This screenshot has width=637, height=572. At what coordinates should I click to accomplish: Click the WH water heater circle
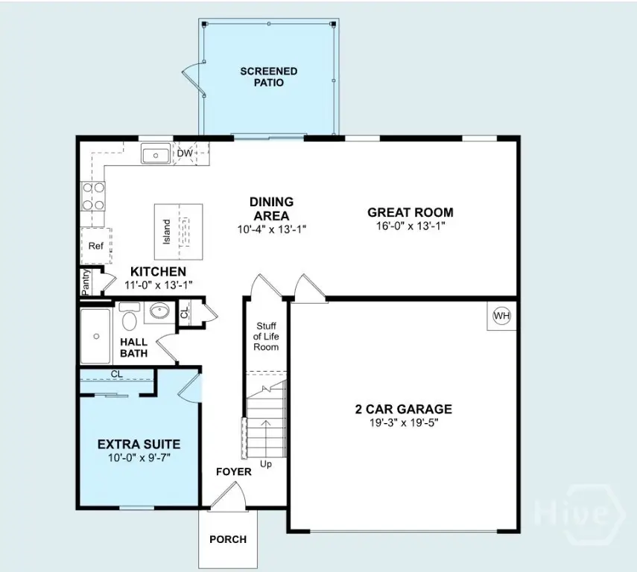point(501,316)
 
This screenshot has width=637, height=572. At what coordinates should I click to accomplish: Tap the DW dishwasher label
point(185,153)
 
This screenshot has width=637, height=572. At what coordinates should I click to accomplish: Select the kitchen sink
point(156,153)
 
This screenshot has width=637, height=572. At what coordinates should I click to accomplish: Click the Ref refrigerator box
point(96,246)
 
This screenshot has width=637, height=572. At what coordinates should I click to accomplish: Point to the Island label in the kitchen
point(167,232)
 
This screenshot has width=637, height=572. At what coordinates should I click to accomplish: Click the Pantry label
point(86,282)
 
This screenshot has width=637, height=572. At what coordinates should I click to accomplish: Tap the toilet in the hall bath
point(130,316)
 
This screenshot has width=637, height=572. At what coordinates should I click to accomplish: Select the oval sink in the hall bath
point(159,311)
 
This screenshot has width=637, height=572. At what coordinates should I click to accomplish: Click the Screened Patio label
point(268,77)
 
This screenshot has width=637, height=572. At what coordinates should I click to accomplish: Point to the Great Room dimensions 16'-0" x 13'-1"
point(411,226)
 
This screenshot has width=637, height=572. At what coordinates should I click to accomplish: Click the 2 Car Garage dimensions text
point(404,423)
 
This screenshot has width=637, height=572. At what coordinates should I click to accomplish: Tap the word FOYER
point(234,471)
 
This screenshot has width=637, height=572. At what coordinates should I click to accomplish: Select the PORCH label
point(228,539)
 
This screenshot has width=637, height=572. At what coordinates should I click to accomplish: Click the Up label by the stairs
point(266,464)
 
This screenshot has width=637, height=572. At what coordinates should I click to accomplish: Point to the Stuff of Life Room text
point(266,337)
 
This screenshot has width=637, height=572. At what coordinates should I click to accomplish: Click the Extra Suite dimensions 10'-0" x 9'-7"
point(139,458)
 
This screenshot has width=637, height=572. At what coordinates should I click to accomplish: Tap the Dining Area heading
point(271,209)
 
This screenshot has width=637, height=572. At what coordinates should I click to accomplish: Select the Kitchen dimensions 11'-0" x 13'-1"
point(159,285)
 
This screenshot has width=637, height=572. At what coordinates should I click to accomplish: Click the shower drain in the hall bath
point(96,337)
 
